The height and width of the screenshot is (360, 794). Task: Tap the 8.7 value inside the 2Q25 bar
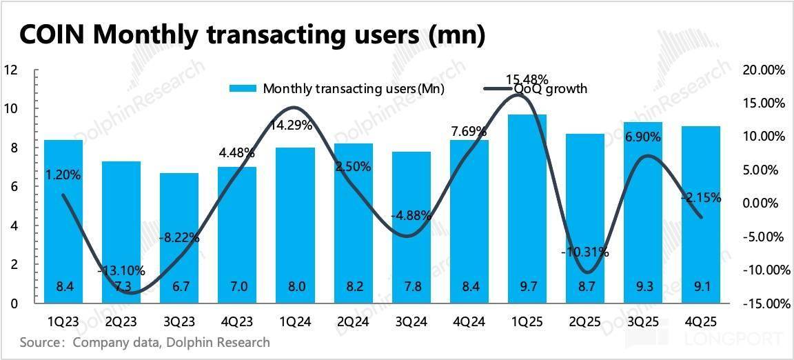tap(584, 286)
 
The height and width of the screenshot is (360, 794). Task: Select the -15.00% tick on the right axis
tap(764, 303)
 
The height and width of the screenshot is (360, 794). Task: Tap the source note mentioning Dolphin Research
tap(145, 343)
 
